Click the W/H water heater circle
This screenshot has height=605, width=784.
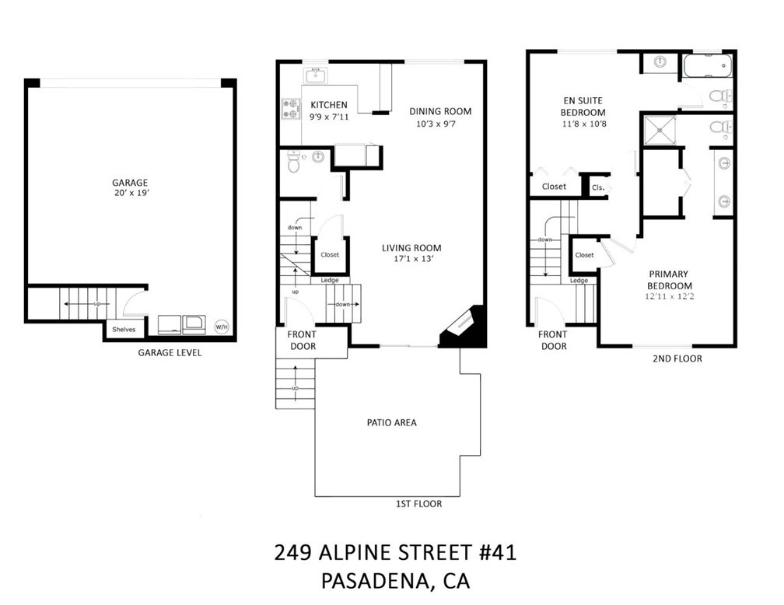[222, 327]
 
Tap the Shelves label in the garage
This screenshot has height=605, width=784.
[124, 330]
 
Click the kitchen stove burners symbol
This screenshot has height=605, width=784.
[291, 109]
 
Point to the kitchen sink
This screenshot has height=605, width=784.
[315, 76]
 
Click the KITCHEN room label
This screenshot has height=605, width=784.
[329, 105]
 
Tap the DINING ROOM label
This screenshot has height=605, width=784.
[440, 111]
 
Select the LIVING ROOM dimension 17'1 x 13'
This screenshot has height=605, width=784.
[414, 259]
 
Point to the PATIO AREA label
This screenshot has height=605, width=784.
[391, 422]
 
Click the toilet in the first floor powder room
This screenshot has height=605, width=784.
[294, 162]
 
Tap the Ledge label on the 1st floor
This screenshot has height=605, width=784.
[330, 280]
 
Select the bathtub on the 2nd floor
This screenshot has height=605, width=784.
[708, 65]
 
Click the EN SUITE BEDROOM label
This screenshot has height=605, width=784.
[583, 107]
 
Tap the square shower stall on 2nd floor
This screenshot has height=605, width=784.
[660, 131]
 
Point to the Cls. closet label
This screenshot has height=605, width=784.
[598, 188]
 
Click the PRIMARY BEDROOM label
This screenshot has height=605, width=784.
[670, 280]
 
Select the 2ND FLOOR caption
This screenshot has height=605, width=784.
[677, 358]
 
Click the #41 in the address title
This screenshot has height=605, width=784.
[498, 553]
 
